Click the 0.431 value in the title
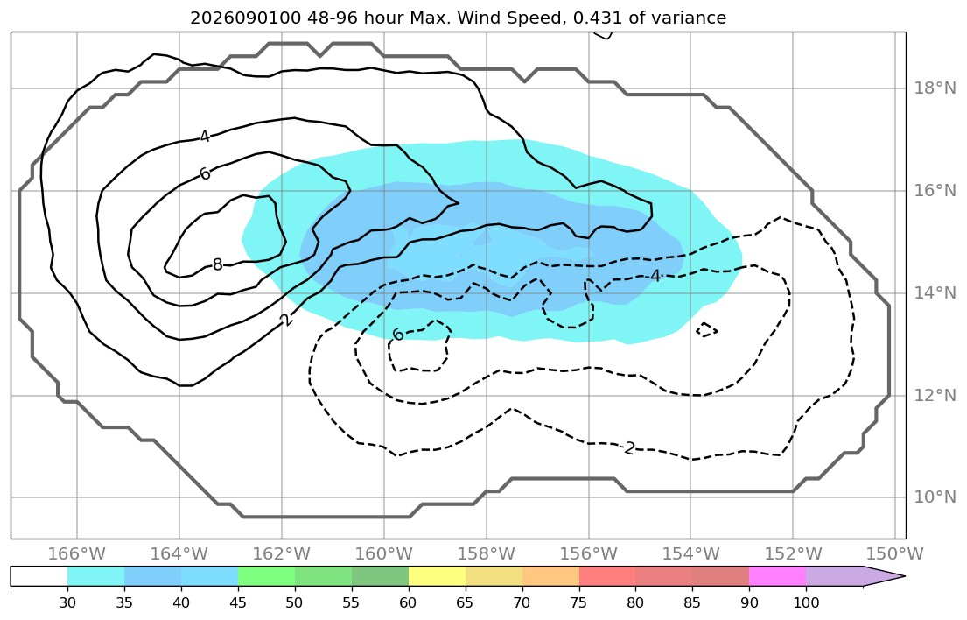[598, 18]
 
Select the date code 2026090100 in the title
[245, 18]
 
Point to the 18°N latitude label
[935, 88]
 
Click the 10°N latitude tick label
[935, 497]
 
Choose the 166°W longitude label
[76, 553]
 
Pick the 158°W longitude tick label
[486, 553]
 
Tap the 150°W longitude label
[895, 553]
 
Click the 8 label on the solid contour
[217, 264]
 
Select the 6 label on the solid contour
[205, 174]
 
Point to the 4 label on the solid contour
[205, 137]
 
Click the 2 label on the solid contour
[285, 320]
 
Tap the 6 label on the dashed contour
[398, 335]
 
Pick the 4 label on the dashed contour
[655, 276]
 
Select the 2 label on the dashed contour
[629, 447]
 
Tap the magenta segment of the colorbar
[778, 576]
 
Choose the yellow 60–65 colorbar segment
[437, 576]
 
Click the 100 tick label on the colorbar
[806, 602]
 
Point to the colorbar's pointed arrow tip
[905, 576]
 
